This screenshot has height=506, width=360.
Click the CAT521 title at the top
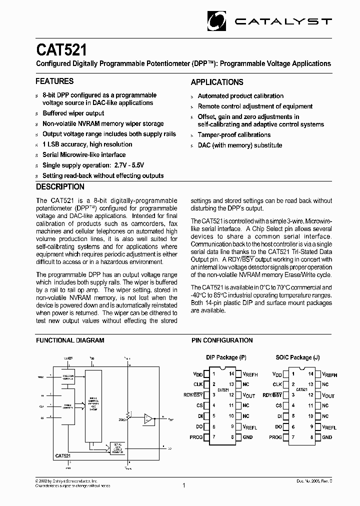[x=61, y=50]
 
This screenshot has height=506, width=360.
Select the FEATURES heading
[x=54, y=81]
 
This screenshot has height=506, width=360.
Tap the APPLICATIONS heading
[x=217, y=82]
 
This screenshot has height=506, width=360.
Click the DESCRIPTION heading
[x=60, y=186]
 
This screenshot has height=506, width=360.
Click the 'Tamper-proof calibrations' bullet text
[x=234, y=135]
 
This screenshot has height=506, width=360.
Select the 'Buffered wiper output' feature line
[x=73, y=113]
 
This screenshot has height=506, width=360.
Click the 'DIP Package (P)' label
[x=226, y=357]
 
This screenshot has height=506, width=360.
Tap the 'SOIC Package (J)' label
[x=297, y=357]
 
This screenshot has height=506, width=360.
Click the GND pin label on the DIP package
[x=247, y=437]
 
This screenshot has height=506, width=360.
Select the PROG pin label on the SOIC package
[x=275, y=437]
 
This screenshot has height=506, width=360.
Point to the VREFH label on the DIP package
[x=250, y=374]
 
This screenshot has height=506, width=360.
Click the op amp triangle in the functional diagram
[x=148, y=418]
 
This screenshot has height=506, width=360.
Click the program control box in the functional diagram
[x=67, y=377]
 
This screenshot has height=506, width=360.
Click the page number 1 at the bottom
[x=184, y=485]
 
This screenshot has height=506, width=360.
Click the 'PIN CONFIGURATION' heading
[x=222, y=340]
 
